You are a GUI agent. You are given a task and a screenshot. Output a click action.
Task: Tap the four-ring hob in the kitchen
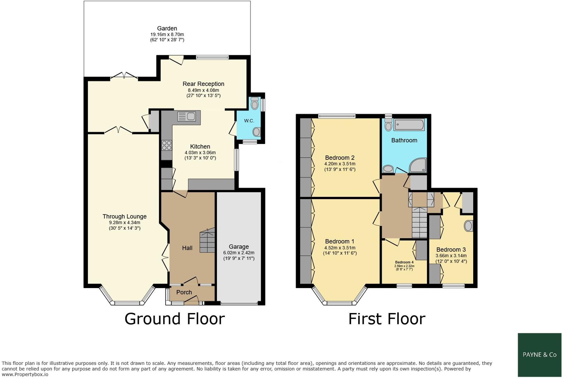167,145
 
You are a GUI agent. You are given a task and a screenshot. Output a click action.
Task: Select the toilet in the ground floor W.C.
255,104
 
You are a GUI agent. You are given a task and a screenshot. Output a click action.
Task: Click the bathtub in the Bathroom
409,125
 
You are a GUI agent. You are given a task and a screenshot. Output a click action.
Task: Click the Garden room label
167,28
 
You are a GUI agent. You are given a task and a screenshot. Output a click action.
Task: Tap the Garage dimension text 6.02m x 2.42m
239,253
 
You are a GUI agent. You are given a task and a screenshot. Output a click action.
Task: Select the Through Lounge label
124,217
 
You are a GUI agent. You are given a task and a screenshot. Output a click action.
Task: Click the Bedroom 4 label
404,262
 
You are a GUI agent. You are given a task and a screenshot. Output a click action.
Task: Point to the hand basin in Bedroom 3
468,226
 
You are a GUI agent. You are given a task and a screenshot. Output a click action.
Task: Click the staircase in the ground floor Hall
207,241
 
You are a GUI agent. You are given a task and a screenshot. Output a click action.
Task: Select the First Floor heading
387,319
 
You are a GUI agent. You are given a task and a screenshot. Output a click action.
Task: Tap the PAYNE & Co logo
539,355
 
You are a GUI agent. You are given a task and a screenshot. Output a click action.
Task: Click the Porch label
184,292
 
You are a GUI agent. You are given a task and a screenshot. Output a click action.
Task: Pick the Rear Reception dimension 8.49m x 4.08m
203,90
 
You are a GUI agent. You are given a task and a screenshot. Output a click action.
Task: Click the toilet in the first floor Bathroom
388,125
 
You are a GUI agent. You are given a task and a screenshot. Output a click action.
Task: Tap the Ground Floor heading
175,319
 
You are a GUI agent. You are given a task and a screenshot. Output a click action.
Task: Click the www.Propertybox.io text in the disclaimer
25,374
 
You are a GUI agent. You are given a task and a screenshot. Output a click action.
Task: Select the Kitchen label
200,147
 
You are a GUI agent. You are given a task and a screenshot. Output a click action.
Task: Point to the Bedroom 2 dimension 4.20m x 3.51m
340,164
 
